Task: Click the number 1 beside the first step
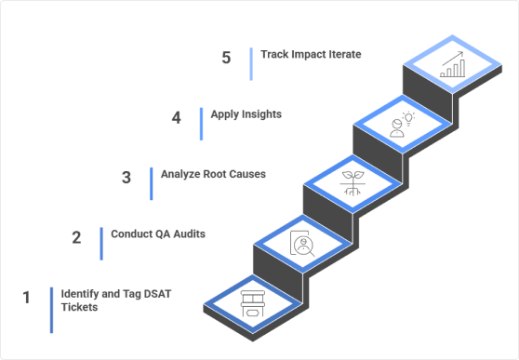tap(27, 298)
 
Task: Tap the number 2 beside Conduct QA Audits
tap(77, 236)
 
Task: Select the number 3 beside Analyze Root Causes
tap(126, 178)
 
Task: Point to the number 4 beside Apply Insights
tap(176, 118)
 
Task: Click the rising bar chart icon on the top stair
tap(453, 64)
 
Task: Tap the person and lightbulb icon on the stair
tap(402, 125)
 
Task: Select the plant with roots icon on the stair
tap(352, 183)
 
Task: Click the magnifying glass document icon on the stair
tap(302, 244)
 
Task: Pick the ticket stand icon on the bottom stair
tap(252, 302)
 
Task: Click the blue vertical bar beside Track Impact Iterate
tap(251, 63)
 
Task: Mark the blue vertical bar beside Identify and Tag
tap(51, 309)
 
